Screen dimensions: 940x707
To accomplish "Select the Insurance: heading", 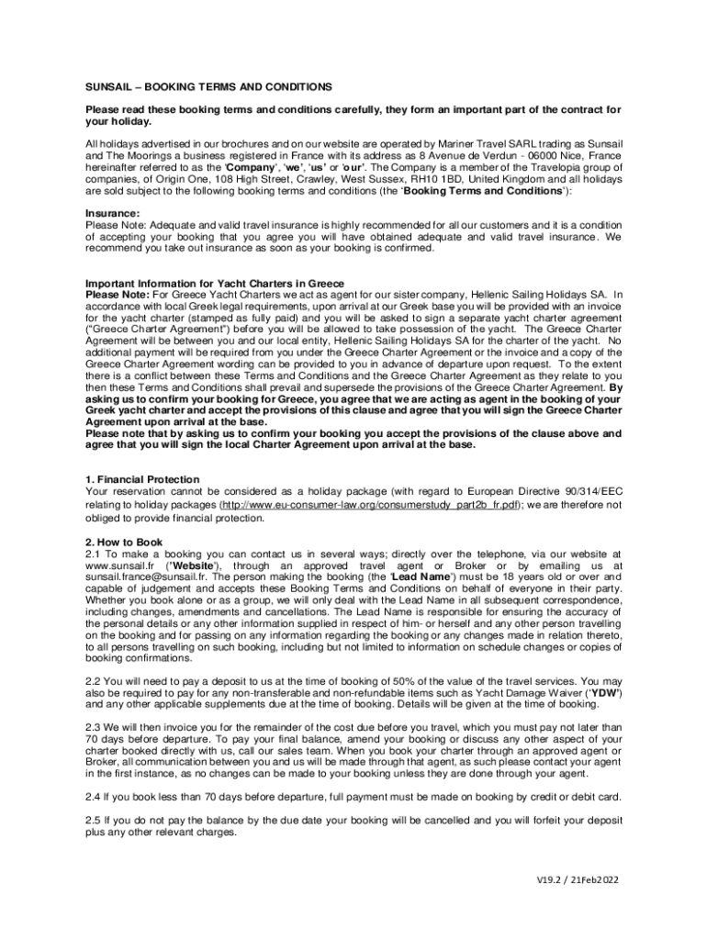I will (114, 212).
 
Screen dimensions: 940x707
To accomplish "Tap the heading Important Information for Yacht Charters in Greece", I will (215, 283).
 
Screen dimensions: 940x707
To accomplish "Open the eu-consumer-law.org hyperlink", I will (372, 505).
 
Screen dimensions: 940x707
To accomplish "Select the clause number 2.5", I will (95, 820).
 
